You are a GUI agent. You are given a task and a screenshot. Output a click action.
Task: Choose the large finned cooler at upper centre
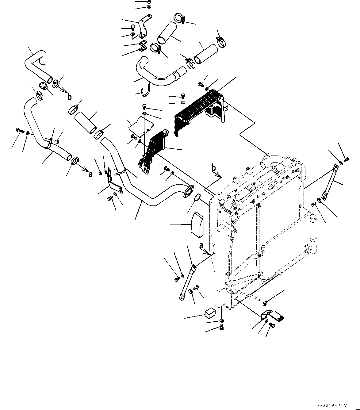[199, 109]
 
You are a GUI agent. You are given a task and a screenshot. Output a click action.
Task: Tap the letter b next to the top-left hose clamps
[70, 97]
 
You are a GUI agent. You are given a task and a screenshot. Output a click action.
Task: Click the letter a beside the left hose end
[90, 174]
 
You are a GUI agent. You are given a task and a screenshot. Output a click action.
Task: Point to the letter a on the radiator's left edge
[201, 245]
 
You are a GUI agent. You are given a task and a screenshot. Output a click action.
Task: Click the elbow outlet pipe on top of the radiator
[270, 160]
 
